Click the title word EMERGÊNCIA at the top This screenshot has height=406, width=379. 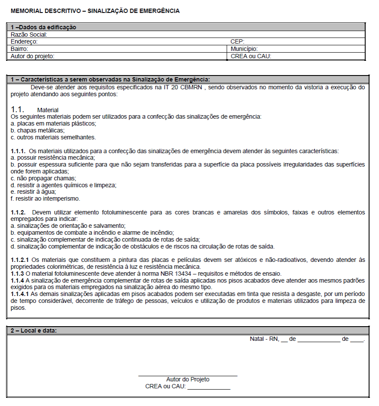point(159,11)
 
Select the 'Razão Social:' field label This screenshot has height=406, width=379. point(29,35)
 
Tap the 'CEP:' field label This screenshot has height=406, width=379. point(238,41)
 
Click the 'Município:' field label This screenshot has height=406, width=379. point(244,49)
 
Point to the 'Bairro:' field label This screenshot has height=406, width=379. point(20,49)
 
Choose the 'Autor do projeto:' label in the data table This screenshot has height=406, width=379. point(33,56)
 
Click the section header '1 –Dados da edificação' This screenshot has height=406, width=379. point(44,27)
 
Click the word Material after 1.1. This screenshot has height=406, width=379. point(48,110)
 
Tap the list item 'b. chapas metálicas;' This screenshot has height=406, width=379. point(38,130)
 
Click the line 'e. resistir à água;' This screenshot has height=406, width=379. point(34,192)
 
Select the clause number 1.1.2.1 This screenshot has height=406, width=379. point(20,259)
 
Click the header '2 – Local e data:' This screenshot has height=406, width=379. point(34,330)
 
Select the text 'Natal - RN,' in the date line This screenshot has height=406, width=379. point(264,339)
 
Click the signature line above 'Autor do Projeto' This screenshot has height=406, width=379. point(188,376)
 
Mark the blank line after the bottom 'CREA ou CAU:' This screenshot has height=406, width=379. point(209,389)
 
